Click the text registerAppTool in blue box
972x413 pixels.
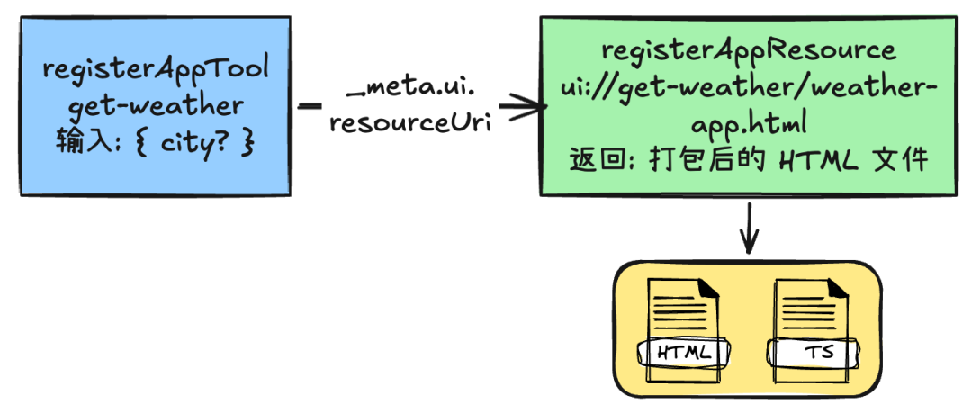click(157, 70)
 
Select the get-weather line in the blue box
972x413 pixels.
click(157, 105)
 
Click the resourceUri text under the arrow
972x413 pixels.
click(409, 122)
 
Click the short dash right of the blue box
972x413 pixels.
click(309, 106)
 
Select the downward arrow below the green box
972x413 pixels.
click(748, 229)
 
